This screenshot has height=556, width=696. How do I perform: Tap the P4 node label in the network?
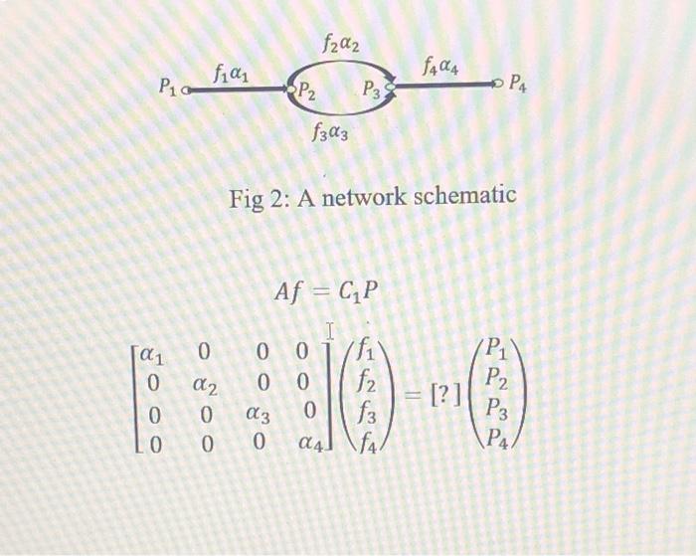point(521,85)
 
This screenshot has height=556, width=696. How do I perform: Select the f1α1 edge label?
point(230,72)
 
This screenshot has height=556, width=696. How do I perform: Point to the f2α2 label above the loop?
point(341,43)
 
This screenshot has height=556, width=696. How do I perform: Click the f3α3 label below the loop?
point(329,131)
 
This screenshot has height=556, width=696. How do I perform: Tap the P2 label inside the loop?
point(308,94)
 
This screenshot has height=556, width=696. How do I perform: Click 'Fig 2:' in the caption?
point(258,196)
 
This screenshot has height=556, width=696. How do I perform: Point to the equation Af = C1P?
point(327,291)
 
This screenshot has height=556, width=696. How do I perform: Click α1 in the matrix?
point(150,351)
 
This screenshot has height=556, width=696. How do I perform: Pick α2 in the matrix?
point(207,383)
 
